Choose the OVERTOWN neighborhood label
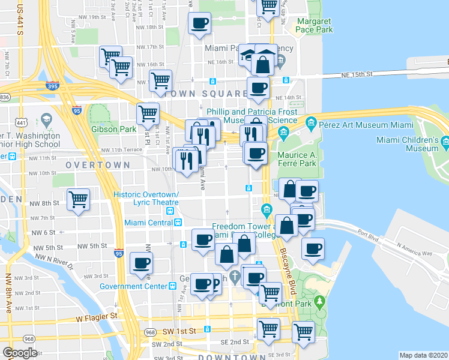point(97,164)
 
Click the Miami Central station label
point(149,223)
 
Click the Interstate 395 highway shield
point(52,86)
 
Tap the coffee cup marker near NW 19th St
point(199,23)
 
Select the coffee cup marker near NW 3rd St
point(141,263)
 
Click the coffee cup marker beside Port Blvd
point(313,248)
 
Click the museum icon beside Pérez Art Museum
point(311,124)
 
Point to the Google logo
point(20,353)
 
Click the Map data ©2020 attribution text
point(423,355)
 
